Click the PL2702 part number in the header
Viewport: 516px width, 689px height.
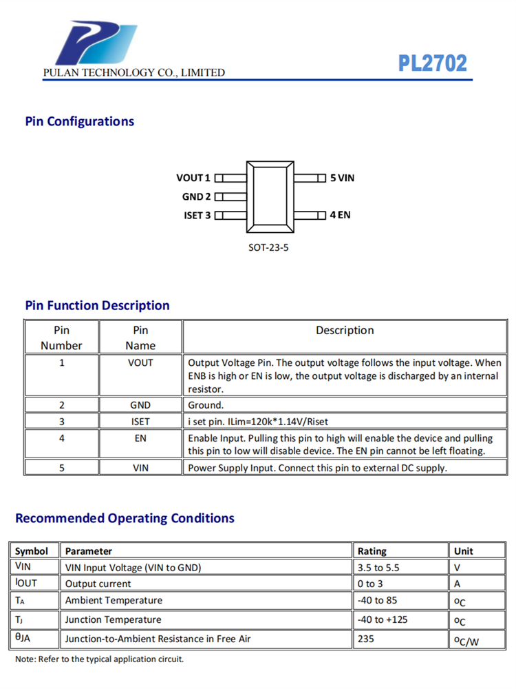coord(433,63)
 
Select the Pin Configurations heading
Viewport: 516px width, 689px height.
coord(80,121)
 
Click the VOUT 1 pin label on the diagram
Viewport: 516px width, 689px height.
coord(193,178)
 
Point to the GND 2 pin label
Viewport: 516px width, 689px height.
coord(197,196)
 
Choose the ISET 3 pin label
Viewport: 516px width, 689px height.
coord(197,215)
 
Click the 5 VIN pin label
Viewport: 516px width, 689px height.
coord(342,178)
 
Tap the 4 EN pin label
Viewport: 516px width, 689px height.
coord(340,214)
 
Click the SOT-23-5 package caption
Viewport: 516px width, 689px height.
coord(268,246)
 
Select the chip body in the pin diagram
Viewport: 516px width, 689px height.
coord(270,196)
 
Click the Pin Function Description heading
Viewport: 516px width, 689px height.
coord(97,305)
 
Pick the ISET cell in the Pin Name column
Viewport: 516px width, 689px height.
coord(140,421)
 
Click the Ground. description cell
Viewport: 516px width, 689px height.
coord(206,405)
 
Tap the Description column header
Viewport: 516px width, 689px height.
coord(345,330)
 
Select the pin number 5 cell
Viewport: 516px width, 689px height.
coord(62,468)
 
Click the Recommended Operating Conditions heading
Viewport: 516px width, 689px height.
coord(125,518)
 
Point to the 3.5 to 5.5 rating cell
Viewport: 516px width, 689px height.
coord(378,567)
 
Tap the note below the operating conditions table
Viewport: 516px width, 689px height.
coord(99,659)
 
